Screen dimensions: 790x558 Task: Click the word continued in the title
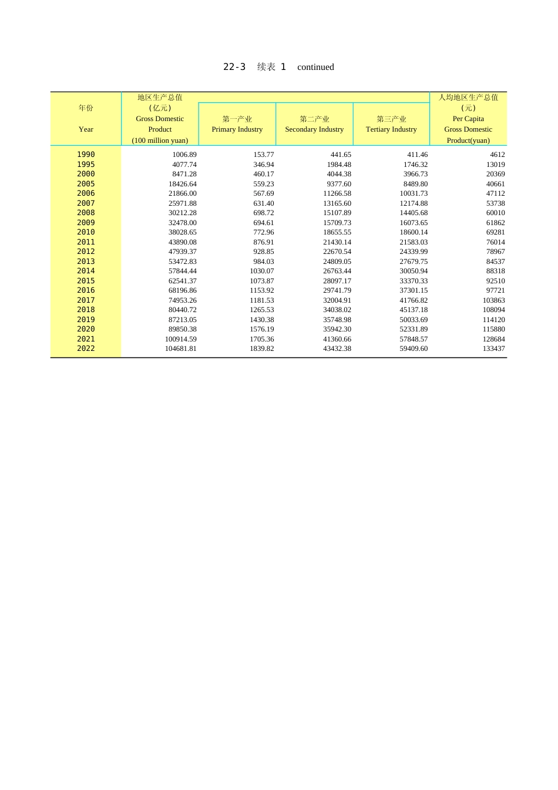pos(315,67)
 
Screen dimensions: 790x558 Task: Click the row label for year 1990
pos(86,155)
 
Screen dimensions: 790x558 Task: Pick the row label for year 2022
pos(86,349)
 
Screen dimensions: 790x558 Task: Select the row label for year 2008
pos(86,213)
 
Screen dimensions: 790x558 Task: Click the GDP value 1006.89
pos(184,155)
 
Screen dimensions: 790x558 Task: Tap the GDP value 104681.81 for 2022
pos(181,349)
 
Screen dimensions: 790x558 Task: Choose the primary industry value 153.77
pos(264,155)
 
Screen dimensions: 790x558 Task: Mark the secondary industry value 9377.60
pos(339,184)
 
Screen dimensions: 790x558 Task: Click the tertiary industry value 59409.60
pos(414,349)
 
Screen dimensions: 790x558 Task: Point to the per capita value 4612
pos(498,155)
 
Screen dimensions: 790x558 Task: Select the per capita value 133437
pos(494,349)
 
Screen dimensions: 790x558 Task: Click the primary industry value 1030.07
pos(262,271)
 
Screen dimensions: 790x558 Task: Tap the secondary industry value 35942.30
pos(337,329)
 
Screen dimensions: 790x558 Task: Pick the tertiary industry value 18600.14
pos(414,232)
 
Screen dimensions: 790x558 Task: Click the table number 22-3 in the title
pos(234,67)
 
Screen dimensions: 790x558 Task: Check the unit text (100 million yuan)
pos(160,140)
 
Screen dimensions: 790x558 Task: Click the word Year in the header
pos(86,129)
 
